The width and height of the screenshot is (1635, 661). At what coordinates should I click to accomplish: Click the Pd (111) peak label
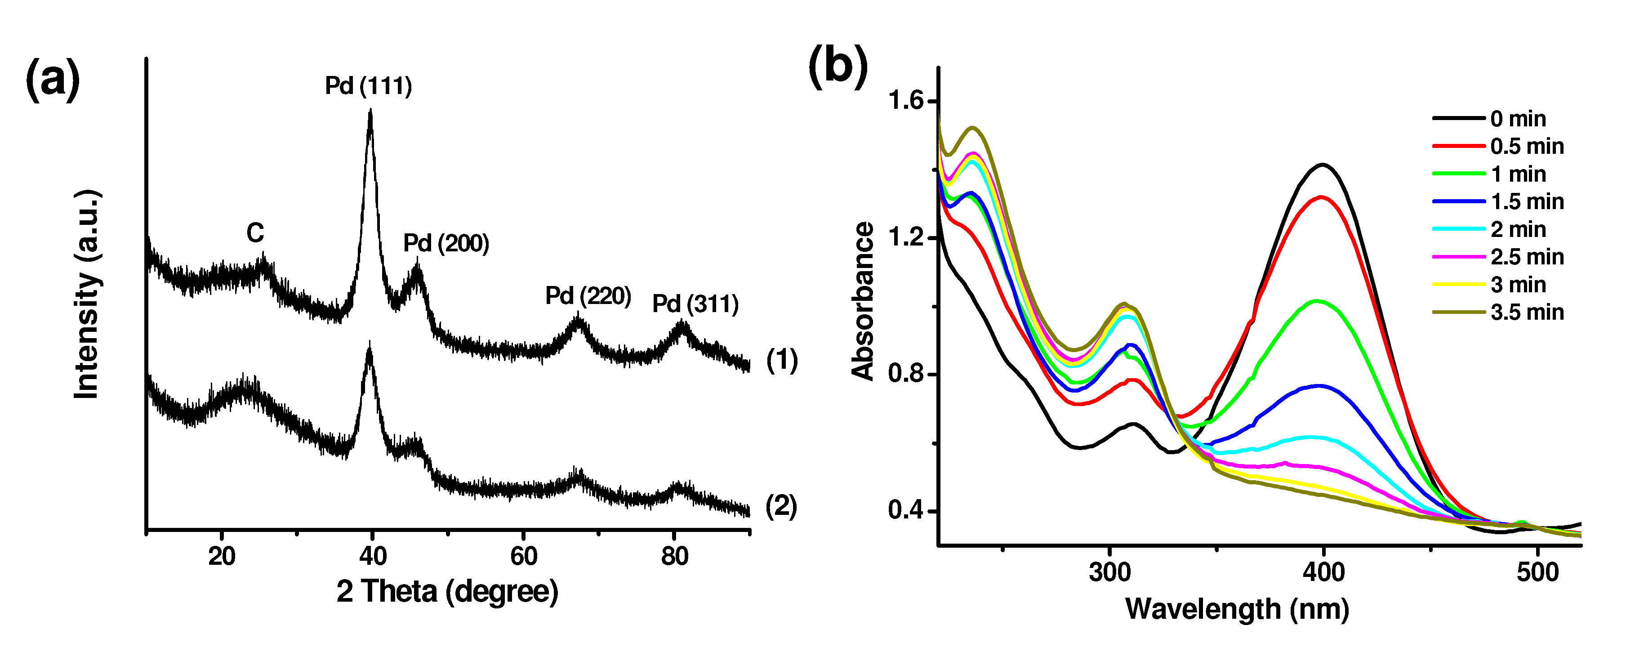point(368,86)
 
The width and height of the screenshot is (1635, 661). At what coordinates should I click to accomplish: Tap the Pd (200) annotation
point(446,243)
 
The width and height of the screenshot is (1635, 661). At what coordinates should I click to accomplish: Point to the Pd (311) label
point(695,304)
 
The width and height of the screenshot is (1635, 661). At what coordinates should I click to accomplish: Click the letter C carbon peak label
point(255,233)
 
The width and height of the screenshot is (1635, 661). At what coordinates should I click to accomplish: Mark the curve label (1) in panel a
point(782,360)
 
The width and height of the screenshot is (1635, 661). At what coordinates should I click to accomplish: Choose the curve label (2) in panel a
point(781,507)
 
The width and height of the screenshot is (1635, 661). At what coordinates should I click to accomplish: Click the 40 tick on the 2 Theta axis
point(373,557)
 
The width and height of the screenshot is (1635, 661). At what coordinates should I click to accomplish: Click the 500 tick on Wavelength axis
point(1537,573)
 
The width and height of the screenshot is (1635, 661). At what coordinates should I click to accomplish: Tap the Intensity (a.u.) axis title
point(87,295)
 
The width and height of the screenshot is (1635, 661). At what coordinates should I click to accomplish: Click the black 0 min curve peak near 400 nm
point(1323,165)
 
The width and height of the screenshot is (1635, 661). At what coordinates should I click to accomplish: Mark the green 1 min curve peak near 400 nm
point(1318,301)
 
